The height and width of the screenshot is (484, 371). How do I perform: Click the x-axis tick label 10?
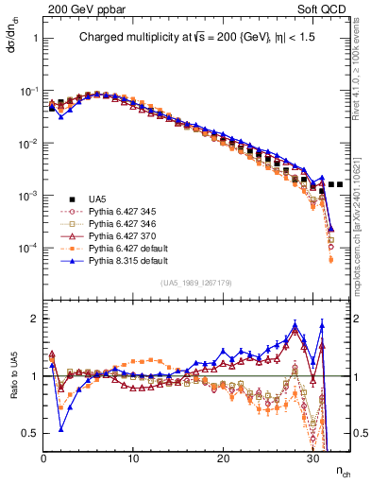pyautogui.click(x=133, y=458)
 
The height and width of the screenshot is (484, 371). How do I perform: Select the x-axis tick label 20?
pyautogui.click(x=223, y=458)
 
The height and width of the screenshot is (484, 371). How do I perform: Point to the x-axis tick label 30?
pyautogui.click(x=312, y=458)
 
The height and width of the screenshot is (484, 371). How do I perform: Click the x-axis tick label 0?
pyautogui.click(x=43, y=458)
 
